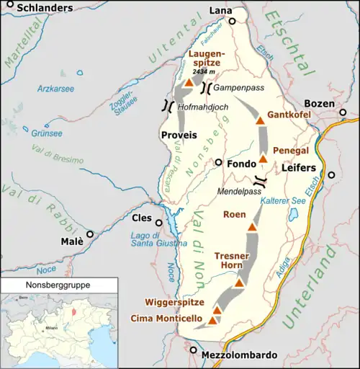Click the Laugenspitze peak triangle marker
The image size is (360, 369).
188,84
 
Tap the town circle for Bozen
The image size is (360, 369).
343,113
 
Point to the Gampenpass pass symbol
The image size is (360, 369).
207,88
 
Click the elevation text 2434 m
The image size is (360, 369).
197,72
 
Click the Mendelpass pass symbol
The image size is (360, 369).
261,181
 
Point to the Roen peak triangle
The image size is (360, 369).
252,227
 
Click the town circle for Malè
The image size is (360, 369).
90,234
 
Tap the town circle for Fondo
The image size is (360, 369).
218,163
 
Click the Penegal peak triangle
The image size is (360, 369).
263,159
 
